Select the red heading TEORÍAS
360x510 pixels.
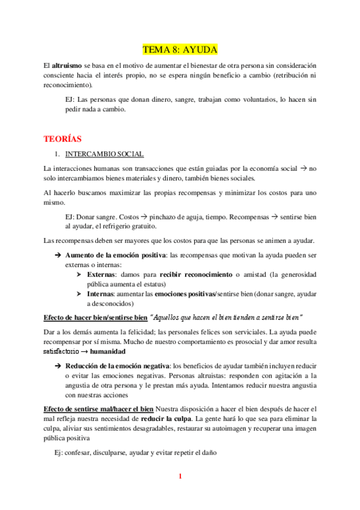(x=63, y=139)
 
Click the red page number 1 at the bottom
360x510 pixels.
(x=180, y=477)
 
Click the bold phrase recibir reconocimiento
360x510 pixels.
(x=195, y=274)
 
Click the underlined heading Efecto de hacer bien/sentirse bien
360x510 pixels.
(x=95, y=317)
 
